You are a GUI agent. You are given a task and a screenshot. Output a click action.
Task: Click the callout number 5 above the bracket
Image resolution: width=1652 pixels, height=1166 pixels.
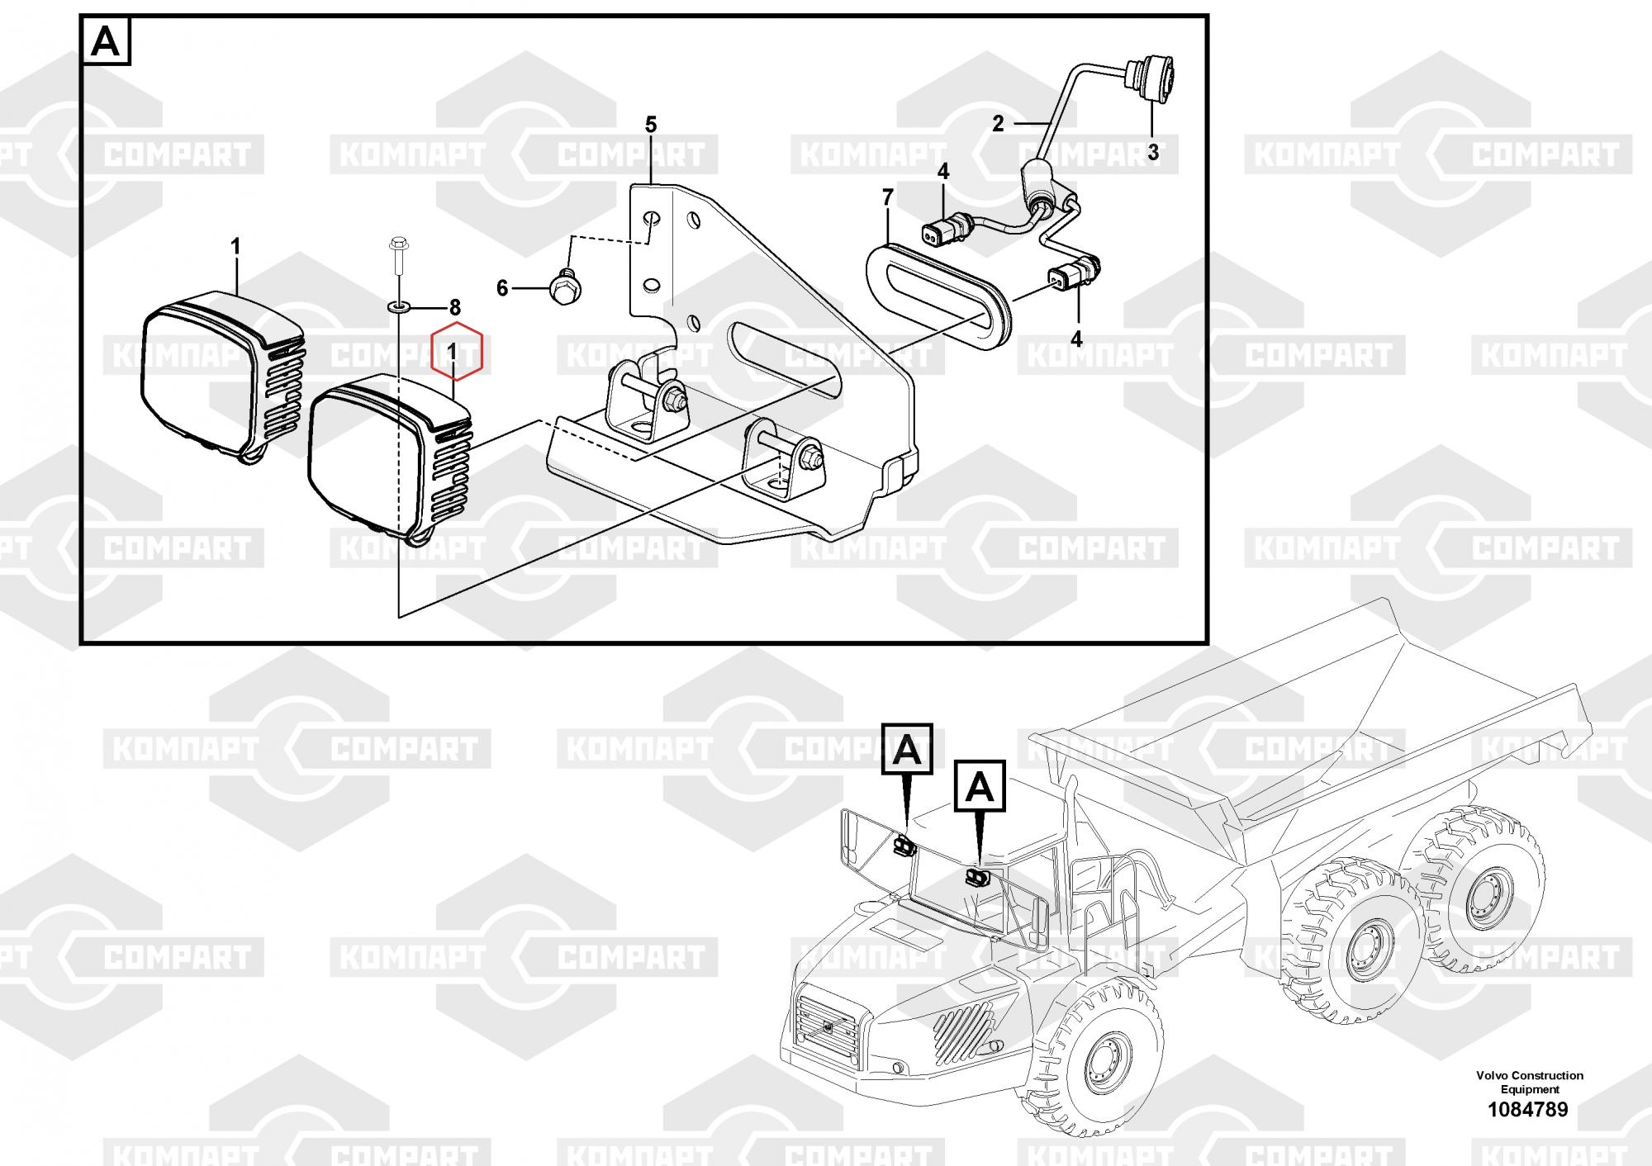click(x=651, y=125)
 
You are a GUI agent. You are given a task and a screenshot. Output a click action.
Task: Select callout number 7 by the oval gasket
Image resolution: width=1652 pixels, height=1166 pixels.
click(x=888, y=197)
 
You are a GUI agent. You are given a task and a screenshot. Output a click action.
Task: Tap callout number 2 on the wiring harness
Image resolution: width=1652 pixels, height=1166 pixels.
click(x=998, y=124)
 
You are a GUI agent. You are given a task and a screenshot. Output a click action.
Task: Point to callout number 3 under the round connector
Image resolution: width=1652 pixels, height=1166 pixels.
click(x=1153, y=152)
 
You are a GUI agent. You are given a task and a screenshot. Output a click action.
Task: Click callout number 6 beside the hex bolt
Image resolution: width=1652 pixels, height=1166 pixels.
click(x=502, y=288)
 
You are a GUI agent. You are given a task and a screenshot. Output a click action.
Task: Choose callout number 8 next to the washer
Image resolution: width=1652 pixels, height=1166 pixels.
click(x=454, y=308)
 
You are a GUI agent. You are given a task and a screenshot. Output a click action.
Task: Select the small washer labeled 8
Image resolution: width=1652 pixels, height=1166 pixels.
click(x=399, y=308)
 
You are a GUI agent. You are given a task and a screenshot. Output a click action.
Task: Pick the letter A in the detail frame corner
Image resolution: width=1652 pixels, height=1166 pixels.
click(x=106, y=42)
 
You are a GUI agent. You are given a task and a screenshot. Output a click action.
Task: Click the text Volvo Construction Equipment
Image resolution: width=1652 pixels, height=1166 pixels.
click(x=1530, y=1082)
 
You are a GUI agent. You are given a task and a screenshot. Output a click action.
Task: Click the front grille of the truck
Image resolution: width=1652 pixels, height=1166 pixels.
click(x=828, y=1027)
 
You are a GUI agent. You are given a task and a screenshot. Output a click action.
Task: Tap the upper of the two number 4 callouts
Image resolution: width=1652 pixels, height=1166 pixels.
click(x=943, y=172)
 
